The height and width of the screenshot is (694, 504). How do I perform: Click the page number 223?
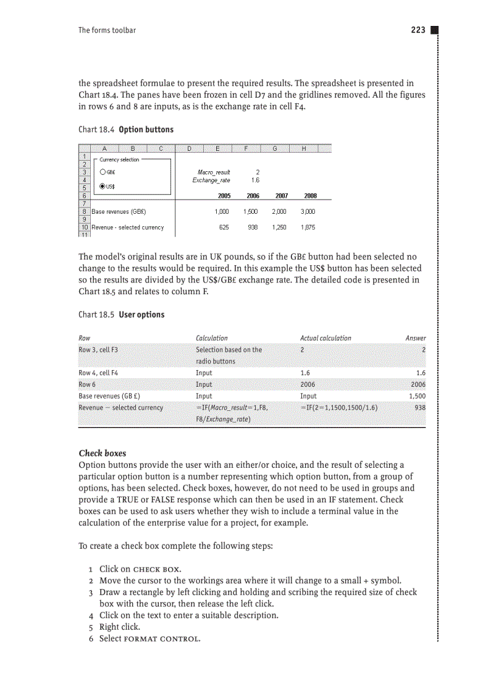click(418, 30)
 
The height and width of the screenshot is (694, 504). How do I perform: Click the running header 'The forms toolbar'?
click(107, 30)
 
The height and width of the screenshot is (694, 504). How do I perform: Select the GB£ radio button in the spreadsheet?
click(103, 172)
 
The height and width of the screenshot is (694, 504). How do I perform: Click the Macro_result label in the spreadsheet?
click(214, 172)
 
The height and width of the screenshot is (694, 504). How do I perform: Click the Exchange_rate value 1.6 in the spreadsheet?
click(255, 180)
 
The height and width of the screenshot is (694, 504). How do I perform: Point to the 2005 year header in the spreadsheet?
click(224, 195)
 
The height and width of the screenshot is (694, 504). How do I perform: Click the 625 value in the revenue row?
click(225, 227)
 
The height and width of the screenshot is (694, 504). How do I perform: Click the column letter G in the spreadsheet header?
click(274, 148)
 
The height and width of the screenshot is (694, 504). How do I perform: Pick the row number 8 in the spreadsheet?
click(84, 211)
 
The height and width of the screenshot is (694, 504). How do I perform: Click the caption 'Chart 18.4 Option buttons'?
click(126, 130)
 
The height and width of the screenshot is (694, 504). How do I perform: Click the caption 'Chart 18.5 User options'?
click(122, 315)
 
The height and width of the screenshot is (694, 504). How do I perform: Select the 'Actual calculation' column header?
click(325, 338)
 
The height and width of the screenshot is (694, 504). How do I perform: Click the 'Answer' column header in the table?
click(415, 338)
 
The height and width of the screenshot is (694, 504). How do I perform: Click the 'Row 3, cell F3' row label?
click(98, 350)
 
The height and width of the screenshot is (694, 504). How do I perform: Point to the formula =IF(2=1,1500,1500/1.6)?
click(339, 408)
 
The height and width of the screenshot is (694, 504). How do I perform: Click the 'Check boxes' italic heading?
click(103, 453)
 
